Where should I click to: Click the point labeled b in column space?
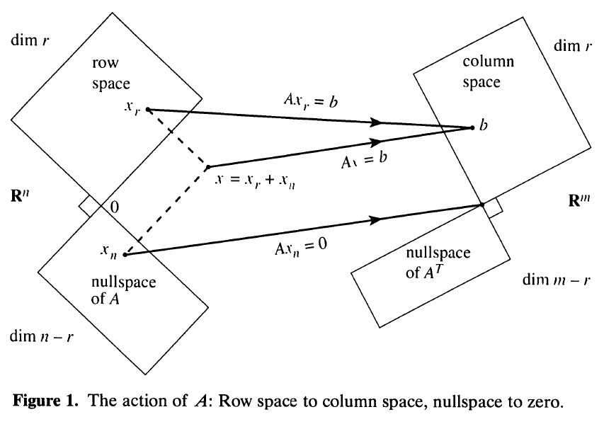[472, 128]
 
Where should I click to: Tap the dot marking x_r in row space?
[147, 110]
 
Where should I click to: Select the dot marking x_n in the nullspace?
[125, 255]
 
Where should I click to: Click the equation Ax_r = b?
[310, 101]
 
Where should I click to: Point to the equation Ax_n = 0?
[301, 247]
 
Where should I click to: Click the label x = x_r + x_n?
[255, 181]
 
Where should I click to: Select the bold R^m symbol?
[579, 200]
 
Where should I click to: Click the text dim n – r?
[41, 336]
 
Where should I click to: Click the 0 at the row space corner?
[115, 207]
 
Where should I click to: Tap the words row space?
[111, 73]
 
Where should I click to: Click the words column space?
[488, 71]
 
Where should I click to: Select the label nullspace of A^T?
[438, 263]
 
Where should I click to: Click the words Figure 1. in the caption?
[45, 401]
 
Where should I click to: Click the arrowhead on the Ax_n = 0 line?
[375, 220]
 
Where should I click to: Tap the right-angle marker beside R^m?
[494, 207]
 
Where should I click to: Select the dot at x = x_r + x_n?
[208, 167]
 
